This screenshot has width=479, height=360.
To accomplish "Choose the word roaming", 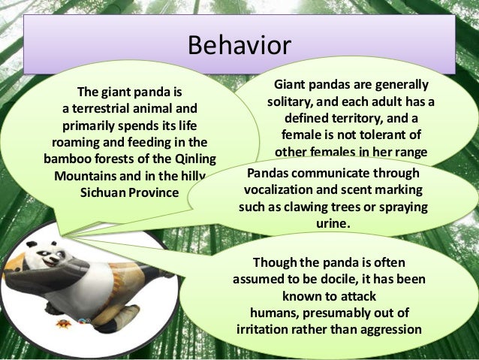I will [76, 142].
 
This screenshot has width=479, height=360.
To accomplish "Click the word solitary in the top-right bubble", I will [291, 101].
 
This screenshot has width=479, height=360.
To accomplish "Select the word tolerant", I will [375, 135].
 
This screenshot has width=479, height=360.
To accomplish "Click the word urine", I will [334, 223].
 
